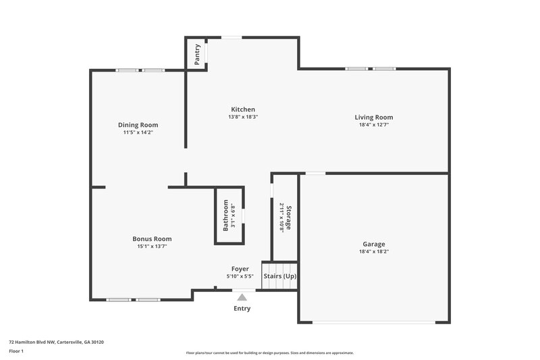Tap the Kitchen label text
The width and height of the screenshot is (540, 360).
tap(243, 109)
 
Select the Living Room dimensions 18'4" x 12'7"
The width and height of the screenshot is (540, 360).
tap(373, 125)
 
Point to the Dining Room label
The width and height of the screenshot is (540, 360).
tap(138, 125)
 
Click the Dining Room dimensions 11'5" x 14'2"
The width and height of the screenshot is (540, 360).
tap(138, 133)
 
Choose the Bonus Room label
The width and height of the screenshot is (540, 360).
tap(152, 238)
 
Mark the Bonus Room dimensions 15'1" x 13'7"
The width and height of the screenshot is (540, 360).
tap(152, 247)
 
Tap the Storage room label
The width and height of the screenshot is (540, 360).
tap(288, 217)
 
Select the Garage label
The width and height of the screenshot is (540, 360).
tap(373, 244)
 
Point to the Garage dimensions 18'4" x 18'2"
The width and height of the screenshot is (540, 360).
tap(373, 252)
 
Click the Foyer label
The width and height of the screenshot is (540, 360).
tap(240, 269)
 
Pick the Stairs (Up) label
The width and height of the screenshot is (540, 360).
tap(279, 276)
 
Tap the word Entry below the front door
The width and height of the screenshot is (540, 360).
tap(242, 309)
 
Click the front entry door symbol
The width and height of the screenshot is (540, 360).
tap(244, 292)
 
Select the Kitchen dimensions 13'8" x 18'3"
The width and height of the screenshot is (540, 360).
tap(243, 118)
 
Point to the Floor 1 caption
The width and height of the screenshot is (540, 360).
tap(16, 352)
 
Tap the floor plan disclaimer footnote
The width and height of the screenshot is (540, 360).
tap(270, 353)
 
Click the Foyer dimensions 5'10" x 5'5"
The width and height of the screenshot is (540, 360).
tap(240, 277)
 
